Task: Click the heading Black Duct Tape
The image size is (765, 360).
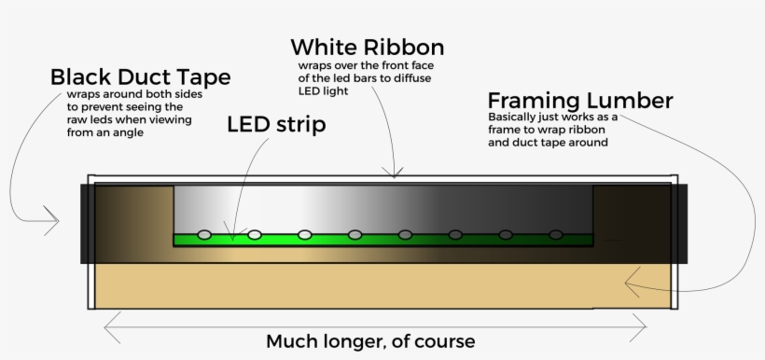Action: point(140,76)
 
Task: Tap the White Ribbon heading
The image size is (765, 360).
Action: point(367,47)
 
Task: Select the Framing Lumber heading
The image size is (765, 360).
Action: point(579,101)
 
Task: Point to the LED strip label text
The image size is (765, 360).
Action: point(276,125)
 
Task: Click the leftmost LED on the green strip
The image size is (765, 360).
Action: point(204,233)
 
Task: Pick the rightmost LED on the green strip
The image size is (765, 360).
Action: point(556,233)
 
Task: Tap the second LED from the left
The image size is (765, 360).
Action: point(254,233)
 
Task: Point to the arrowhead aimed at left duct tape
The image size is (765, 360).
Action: point(53,222)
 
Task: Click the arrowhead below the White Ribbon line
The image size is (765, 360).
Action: point(396,172)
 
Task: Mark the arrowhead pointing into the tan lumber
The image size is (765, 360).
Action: point(631,277)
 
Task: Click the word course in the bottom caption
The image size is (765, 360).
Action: point(448,341)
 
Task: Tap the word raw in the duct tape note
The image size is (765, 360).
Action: point(79,119)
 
